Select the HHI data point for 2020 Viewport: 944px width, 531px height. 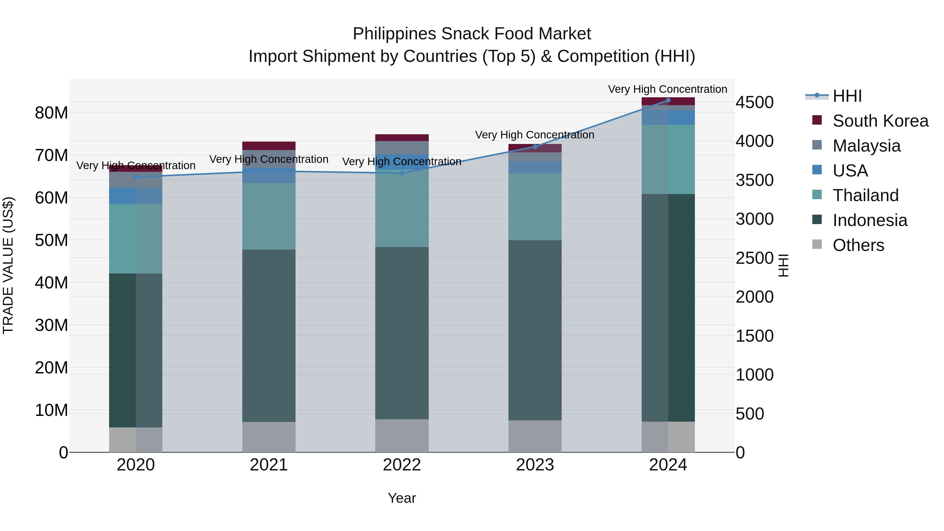click(136, 177)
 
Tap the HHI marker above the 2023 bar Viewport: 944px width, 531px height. click(535, 147)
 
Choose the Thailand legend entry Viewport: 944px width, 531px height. click(865, 195)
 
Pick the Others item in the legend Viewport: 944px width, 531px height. click(858, 245)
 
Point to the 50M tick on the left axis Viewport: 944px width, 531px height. click(51, 240)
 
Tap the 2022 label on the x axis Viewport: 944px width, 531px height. click(402, 465)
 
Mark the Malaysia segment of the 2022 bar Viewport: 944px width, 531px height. click(402, 148)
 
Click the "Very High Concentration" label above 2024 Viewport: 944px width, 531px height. click(667, 89)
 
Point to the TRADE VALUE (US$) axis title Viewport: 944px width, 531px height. click(8, 265)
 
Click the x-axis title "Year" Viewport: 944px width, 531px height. click(402, 498)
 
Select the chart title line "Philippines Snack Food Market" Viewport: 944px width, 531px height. click(472, 34)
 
